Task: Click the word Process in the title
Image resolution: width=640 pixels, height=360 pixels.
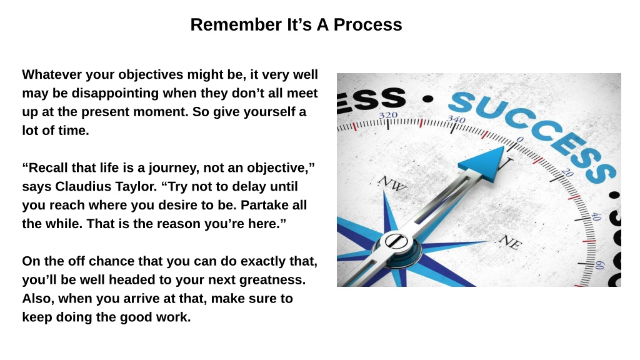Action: [367, 24]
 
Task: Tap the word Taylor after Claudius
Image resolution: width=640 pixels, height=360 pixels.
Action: [136, 187]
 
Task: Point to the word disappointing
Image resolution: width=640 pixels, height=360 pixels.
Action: [115, 94]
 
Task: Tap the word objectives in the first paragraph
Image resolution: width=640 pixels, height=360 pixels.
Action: [151, 75]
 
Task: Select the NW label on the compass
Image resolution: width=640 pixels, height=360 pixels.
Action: [392, 183]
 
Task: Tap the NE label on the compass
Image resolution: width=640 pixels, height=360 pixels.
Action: [510, 242]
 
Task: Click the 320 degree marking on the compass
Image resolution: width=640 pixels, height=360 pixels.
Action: [388, 116]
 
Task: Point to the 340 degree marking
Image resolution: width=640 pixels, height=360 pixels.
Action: [456, 119]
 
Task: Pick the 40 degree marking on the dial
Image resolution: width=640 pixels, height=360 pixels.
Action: [596, 216]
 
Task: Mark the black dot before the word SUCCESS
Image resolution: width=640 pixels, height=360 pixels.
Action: [427, 99]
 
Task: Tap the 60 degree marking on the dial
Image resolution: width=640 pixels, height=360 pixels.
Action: [599, 265]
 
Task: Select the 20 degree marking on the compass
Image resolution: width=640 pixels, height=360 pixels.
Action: [567, 173]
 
